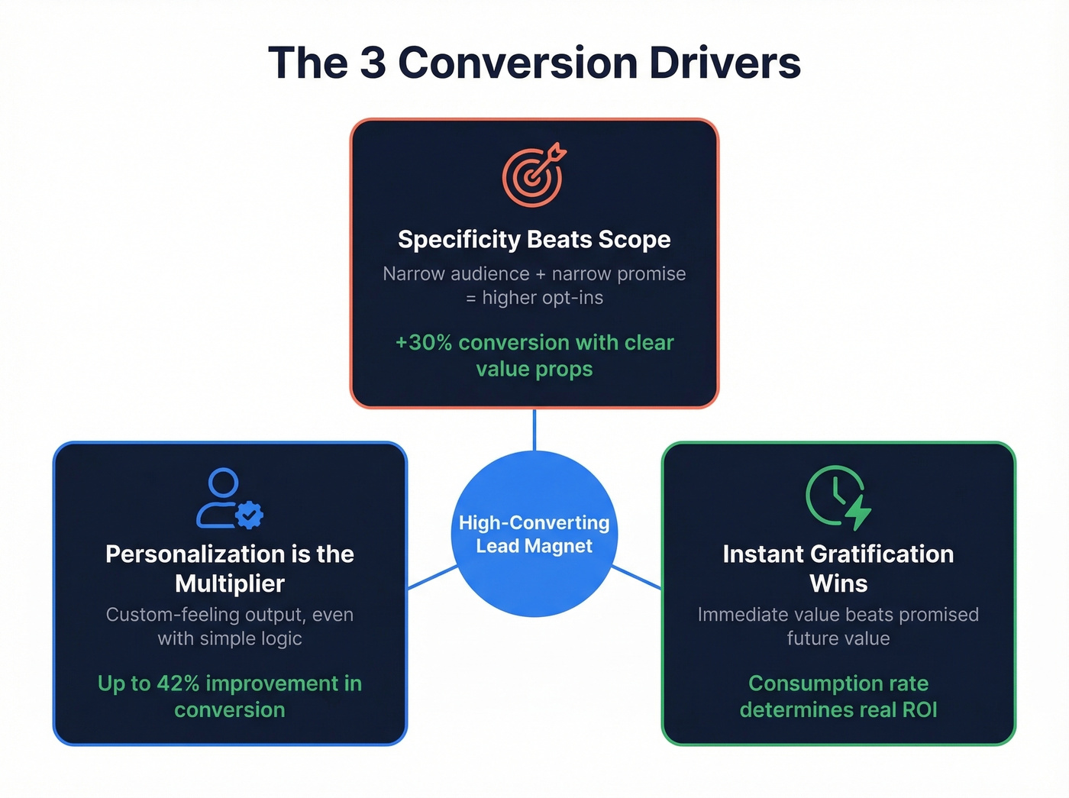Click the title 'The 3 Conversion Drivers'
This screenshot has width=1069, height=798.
[x=534, y=63]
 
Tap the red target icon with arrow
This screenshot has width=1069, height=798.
[x=533, y=175]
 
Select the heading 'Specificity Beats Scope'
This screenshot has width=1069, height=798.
[x=534, y=240]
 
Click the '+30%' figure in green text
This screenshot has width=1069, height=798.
[x=424, y=343]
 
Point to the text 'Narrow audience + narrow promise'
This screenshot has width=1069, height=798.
[x=534, y=274]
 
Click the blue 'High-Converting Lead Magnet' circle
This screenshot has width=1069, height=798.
[x=534, y=534]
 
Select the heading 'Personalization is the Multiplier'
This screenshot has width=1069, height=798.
[x=229, y=568]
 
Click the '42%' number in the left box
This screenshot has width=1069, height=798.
[x=178, y=683]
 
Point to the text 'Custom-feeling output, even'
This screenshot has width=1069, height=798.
[x=229, y=615]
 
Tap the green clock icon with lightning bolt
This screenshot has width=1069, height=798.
[x=838, y=497]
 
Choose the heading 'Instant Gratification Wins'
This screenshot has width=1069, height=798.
[x=838, y=568]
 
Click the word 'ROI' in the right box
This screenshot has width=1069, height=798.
[x=919, y=710]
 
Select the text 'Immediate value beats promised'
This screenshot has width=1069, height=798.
[x=838, y=615]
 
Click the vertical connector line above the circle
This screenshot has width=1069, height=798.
[x=534, y=429]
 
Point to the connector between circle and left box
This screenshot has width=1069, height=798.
[x=432, y=577]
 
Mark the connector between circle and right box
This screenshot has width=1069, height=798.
[x=636, y=577]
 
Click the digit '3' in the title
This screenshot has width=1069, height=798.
[x=373, y=63]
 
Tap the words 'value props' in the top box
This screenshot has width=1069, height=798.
[x=534, y=370]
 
